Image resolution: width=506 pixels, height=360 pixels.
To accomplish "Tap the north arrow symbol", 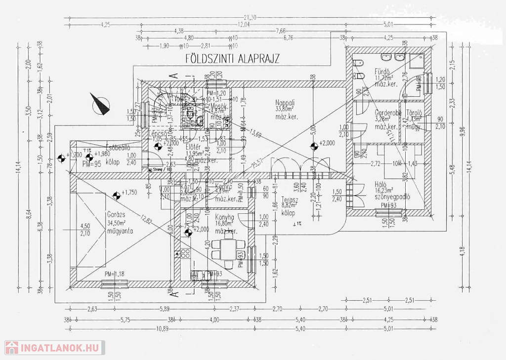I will tap(101, 103).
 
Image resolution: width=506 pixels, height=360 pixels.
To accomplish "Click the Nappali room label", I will tap(286, 103).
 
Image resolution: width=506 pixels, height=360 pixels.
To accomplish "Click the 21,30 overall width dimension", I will tap(251, 17).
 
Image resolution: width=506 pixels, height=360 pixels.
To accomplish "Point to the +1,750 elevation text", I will tap(129, 193).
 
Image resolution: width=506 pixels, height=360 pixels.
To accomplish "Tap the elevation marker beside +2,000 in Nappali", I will tap(313, 146).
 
